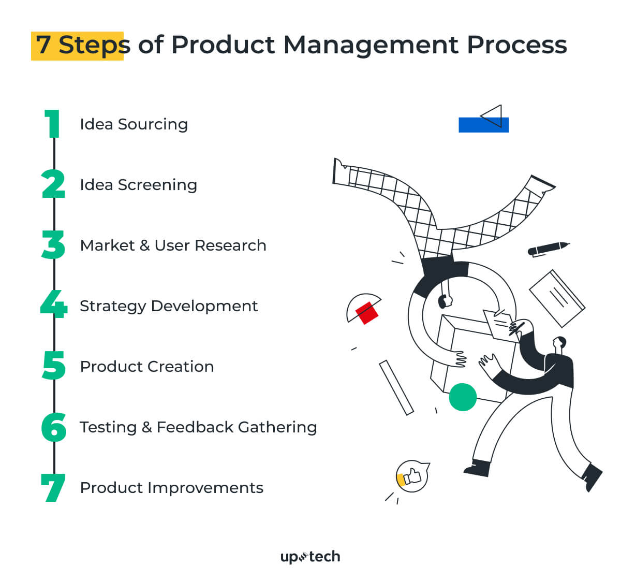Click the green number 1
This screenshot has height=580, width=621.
53,124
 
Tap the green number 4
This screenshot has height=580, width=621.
54,304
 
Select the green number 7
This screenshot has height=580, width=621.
53,488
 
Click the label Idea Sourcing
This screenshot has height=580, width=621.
134,124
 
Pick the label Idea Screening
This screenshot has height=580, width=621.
138,185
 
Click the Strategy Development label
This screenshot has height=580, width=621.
168,306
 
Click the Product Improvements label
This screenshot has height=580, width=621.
171,488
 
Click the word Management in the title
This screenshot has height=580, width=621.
371,45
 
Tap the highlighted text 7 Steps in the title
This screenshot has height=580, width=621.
78,46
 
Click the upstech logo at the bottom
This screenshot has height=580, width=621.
310,557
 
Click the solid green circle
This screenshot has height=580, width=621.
462,397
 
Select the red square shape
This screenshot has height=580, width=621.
367,313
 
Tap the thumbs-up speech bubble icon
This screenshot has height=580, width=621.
412,476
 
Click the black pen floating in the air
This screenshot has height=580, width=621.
548,249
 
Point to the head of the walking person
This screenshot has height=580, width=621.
559,343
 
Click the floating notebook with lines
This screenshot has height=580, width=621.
557,298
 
